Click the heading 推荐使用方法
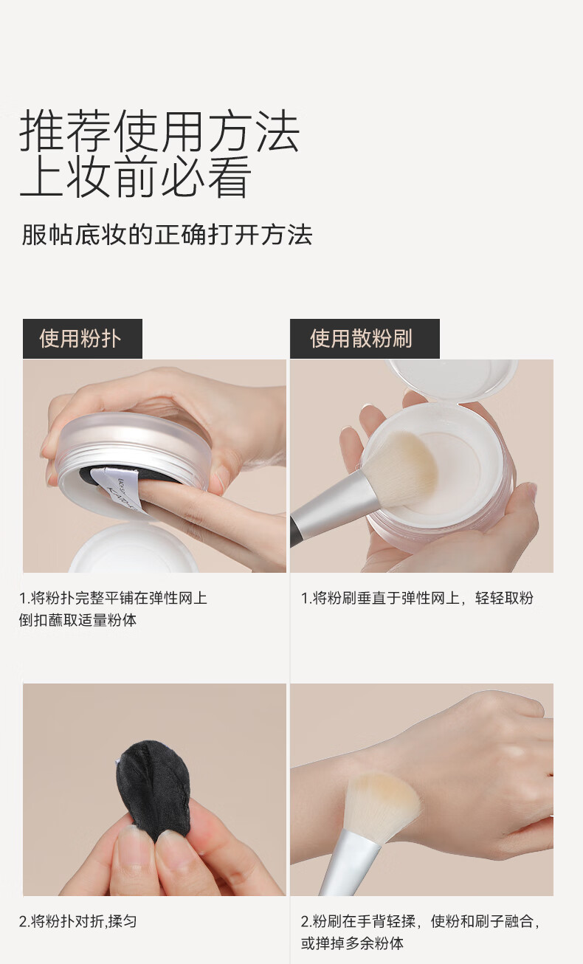(x=159, y=131)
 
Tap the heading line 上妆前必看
(x=135, y=177)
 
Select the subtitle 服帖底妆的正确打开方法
(x=167, y=235)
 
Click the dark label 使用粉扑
(x=82, y=339)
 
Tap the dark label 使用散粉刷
(x=365, y=339)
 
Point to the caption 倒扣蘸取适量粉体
(x=77, y=620)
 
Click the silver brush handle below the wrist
(x=349, y=864)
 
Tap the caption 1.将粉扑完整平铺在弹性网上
(x=113, y=598)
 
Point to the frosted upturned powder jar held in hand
(x=134, y=465)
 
